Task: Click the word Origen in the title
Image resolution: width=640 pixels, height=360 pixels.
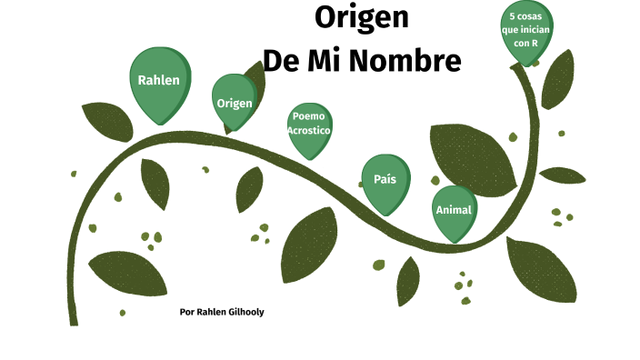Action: [361, 17]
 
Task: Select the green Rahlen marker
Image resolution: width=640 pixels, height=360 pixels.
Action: [159, 81]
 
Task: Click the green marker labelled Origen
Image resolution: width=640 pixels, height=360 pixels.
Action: [235, 102]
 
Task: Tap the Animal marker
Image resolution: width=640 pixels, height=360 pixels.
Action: [454, 210]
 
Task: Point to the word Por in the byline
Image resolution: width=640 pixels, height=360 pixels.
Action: [187, 312]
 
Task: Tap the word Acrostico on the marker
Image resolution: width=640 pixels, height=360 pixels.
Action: [309, 130]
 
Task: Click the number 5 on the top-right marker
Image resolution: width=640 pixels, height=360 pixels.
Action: [513, 16]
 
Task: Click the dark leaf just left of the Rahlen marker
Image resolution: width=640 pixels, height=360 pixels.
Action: [109, 122]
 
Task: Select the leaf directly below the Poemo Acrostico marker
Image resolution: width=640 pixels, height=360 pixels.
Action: [309, 245]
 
